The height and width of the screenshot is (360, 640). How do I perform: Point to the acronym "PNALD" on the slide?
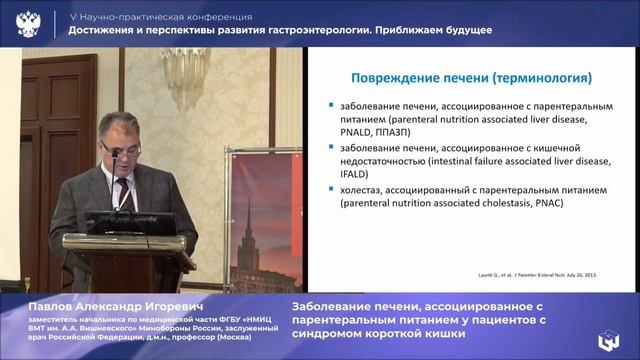pos(356,129)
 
